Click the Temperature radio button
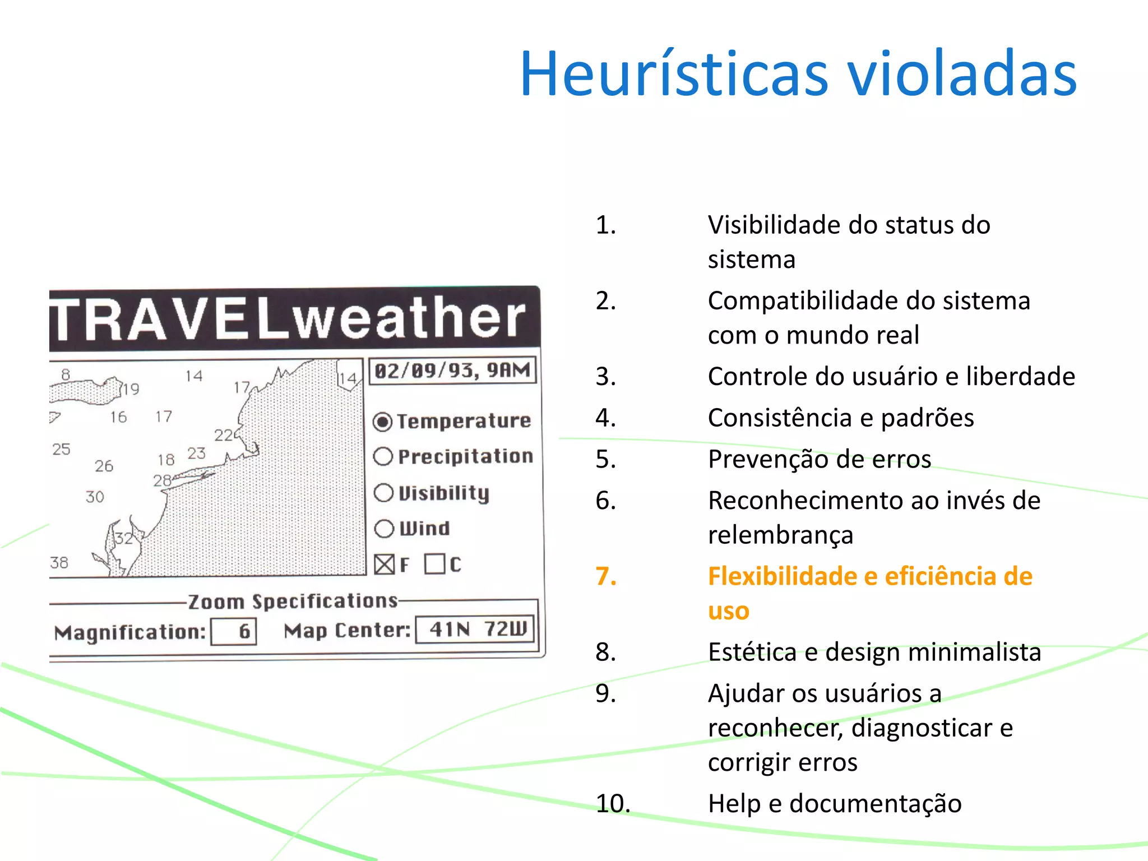(383, 422)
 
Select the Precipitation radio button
(383, 457)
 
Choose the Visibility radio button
(383, 493)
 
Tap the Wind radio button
(384, 528)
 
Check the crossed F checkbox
(384, 564)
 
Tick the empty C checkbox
(434, 564)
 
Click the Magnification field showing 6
(234, 632)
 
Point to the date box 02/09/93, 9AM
(452, 371)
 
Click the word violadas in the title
(961, 74)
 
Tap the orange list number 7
(606, 576)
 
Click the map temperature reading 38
(59, 562)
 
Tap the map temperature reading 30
(95, 497)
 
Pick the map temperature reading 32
(124, 539)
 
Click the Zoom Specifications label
(293, 601)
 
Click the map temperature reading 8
(66, 374)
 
